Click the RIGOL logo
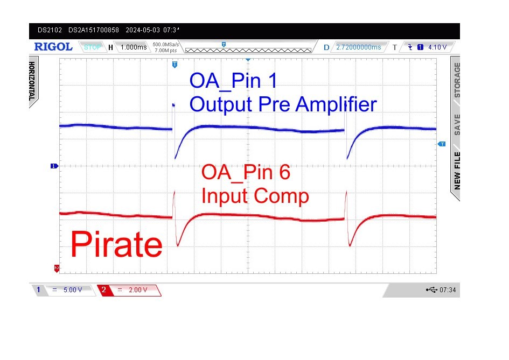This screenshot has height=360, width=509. coord(53,47)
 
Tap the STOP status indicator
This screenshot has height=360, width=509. coord(92,47)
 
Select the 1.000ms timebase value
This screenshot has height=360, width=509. coord(134,47)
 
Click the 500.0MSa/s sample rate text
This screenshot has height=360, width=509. coord(166,45)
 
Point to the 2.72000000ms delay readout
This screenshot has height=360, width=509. coord(358,47)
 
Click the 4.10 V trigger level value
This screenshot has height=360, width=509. coord(437,47)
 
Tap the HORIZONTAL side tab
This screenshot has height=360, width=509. coord(32,81)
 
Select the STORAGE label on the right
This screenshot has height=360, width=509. coord(457,80)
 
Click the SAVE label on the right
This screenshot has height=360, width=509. coord(457,124)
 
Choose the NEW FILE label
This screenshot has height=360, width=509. coord(457,171)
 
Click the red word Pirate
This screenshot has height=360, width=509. coord(116,244)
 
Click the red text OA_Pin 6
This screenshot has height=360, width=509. coord(246,172)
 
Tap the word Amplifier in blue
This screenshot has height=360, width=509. coord(336,104)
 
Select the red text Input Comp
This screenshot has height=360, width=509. coord(255,196)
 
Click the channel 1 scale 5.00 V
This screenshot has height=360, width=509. coord(73,290)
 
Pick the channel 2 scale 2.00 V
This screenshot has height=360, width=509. coord(138,290)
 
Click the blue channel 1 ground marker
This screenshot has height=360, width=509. coord(54,166)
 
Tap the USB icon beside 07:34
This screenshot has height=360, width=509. coord(431,290)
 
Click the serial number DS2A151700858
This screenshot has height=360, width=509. coord(94,30)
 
